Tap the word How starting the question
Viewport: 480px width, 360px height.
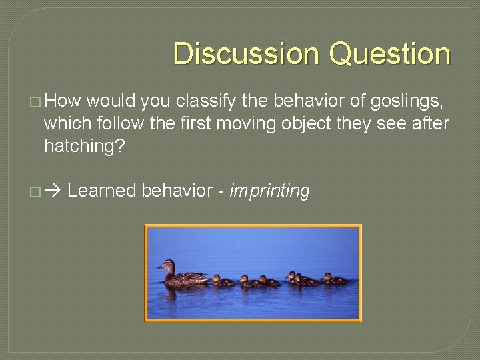(x=64, y=101)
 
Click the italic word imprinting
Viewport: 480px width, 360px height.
(x=270, y=191)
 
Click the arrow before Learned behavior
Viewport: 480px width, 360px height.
(x=53, y=191)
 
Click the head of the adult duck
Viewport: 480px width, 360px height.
(x=166, y=265)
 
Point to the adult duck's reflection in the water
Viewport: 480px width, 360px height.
(x=183, y=292)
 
